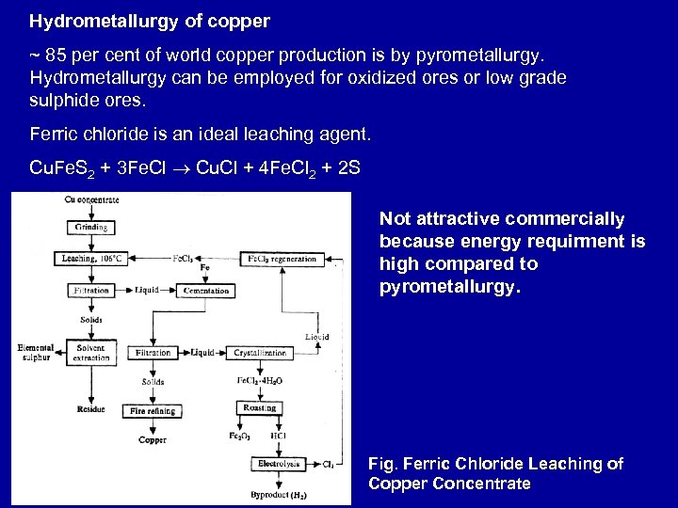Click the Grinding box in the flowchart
point(91,228)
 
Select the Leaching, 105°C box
point(91,258)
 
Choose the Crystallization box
point(263,353)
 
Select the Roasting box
point(259,408)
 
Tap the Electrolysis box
point(280,464)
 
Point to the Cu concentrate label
point(91,199)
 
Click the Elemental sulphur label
point(36,353)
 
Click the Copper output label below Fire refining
point(153,439)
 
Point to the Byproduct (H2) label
point(279,494)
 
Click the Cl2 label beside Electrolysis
point(328,464)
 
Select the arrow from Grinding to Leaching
point(91,243)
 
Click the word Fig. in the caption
point(382,465)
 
